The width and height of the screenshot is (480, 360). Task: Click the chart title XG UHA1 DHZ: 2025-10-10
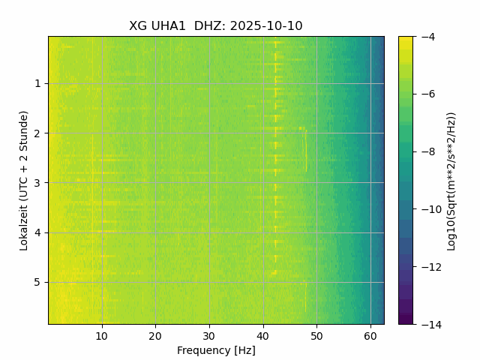click(216, 26)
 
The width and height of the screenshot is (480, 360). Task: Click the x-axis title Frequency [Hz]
click(216, 350)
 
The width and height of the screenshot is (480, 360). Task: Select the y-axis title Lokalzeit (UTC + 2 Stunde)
click(24, 180)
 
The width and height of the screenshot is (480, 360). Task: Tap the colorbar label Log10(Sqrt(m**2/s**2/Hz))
click(451, 180)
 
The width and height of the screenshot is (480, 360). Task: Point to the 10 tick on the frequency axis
click(102, 336)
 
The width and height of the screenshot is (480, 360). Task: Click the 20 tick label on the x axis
click(155, 336)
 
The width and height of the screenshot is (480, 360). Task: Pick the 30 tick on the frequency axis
click(209, 336)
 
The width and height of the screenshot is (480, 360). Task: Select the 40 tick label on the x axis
click(262, 336)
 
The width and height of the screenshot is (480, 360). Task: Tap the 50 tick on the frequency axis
click(316, 336)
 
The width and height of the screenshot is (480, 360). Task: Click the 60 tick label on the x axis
click(370, 336)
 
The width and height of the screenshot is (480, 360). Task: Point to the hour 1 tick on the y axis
click(37, 83)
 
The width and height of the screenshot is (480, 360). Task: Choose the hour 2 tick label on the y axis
click(37, 133)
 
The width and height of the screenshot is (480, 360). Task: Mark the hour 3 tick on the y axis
click(37, 183)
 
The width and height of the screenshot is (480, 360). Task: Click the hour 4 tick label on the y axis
click(37, 232)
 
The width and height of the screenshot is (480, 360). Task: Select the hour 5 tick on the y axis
click(37, 282)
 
